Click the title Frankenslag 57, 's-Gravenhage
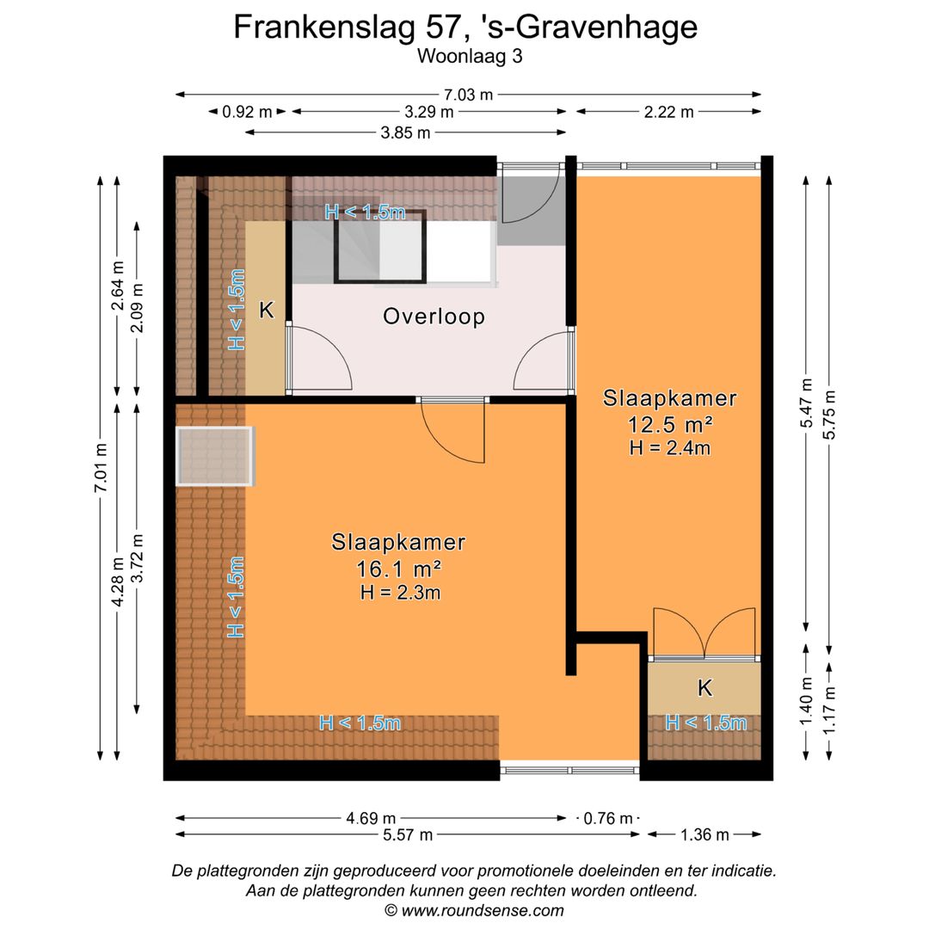[x=465, y=28]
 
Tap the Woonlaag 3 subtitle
[x=470, y=57]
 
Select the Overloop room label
[x=434, y=317]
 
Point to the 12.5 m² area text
[x=670, y=424]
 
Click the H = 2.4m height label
[x=670, y=447]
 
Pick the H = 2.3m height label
[x=398, y=592]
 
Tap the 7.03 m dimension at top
[x=470, y=95]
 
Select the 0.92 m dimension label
[x=247, y=112]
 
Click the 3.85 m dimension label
[x=406, y=132]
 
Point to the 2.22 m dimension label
[x=668, y=112]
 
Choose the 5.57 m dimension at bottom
[x=407, y=834]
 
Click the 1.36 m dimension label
[x=704, y=834]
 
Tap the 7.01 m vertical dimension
[x=102, y=469]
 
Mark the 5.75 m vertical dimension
[x=829, y=415]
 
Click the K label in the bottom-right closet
[x=704, y=687]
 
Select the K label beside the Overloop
[x=267, y=311]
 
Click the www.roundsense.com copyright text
[x=474, y=910]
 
